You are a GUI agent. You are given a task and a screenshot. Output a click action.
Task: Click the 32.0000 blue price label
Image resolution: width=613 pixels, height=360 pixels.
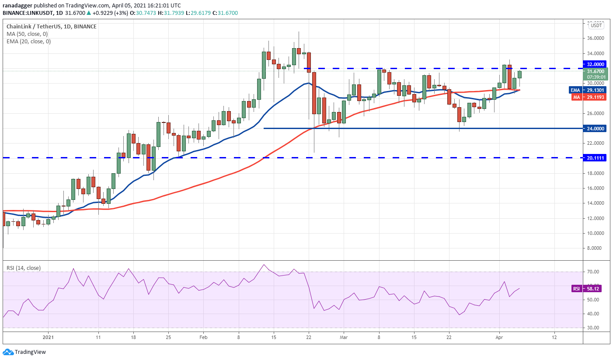click(x=595, y=64)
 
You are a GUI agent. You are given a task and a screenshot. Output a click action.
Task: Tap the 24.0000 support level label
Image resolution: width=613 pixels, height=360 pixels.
click(x=595, y=129)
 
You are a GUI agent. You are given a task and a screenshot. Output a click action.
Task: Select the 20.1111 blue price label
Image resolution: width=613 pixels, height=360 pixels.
click(x=595, y=157)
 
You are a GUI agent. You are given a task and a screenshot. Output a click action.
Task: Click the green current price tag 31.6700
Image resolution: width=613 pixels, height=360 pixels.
click(x=595, y=71)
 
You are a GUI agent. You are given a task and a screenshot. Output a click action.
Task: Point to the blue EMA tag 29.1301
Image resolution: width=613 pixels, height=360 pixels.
click(x=595, y=90)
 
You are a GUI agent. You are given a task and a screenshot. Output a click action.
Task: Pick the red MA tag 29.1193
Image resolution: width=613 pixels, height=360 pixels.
click(x=595, y=97)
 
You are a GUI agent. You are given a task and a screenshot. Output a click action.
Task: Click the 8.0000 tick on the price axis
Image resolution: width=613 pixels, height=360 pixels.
click(x=595, y=248)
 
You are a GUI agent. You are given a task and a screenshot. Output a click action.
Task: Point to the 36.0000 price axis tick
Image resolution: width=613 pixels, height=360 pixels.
click(x=595, y=38)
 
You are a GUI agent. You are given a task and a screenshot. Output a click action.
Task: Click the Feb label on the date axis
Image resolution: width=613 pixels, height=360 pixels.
click(x=203, y=337)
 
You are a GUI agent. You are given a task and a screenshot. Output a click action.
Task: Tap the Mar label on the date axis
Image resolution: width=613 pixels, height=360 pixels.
click(x=344, y=337)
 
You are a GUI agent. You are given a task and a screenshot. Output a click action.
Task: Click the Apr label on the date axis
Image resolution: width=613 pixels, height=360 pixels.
click(x=499, y=337)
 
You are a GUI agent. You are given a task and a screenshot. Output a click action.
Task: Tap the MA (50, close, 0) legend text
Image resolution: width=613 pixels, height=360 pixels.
click(x=27, y=34)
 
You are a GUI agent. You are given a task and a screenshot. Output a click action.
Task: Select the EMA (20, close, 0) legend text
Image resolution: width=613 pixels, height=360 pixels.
click(x=29, y=42)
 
